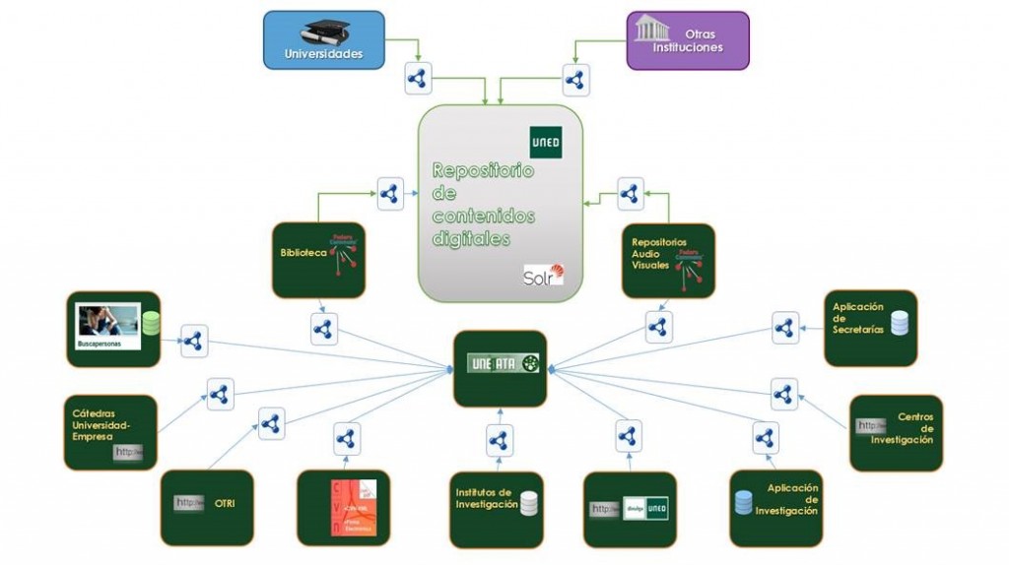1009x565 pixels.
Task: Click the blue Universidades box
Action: point(323,40)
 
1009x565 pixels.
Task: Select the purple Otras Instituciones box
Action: point(688,40)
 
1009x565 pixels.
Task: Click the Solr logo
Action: point(544,275)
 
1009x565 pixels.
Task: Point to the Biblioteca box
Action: point(317,260)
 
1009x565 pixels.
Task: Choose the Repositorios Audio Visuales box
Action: point(668,260)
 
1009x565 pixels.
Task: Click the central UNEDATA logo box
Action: point(500,367)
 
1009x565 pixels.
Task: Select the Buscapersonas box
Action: point(112,329)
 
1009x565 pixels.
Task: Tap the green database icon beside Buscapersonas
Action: point(151,323)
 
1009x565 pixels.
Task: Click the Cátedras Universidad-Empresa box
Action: point(110,432)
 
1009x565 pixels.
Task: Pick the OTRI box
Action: point(207,507)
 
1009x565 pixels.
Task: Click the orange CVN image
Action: point(353,507)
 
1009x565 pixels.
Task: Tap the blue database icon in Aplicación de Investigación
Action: point(743,502)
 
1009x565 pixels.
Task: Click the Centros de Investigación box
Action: point(896,433)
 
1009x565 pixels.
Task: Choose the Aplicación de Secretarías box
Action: point(870,328)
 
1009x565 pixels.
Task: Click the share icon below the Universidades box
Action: point(417,78)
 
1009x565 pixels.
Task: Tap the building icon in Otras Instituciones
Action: point(652,28)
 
